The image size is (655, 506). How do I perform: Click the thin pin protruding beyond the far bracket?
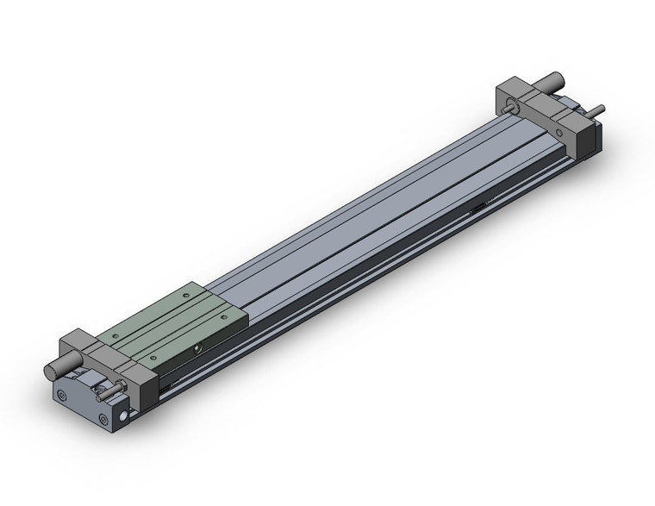(600, 109)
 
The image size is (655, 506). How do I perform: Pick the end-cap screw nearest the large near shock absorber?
(63, 397)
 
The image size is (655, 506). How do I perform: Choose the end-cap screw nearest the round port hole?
(104, 421)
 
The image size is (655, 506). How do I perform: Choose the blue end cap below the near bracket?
(86, 405)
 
